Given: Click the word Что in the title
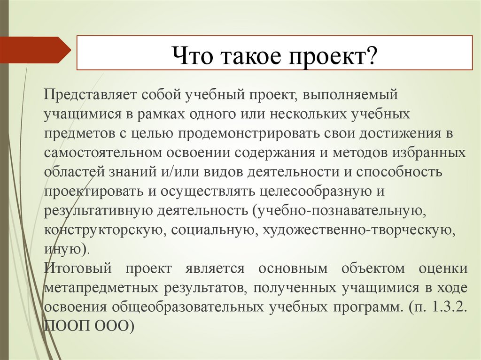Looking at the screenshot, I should point(189,58).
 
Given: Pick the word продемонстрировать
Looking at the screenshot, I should point(249,133).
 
